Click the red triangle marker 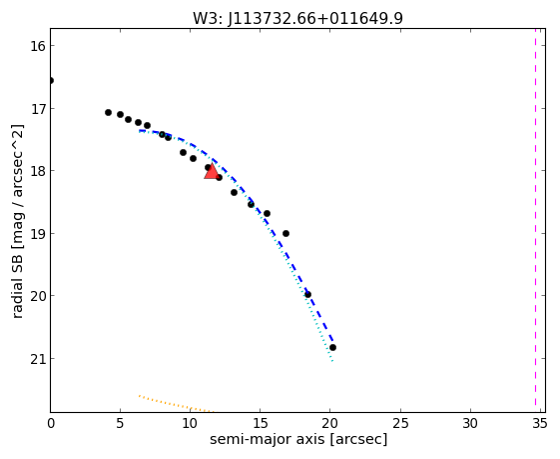click(x=212, y=172)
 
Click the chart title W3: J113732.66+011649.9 click(x=297, y=18)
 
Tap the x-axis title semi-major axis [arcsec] click(x=298, y=439)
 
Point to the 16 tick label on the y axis click(x=38, y=46)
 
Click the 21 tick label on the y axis click(x=38, y=359)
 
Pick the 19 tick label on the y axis click(x=38, y=234)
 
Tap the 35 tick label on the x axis click(x=539, y=424)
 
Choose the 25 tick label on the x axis click(x=400, y=424)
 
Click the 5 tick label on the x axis click(x=121, y=424)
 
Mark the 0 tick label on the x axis click(x=51, y=424)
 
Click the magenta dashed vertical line click(x=535, y=216)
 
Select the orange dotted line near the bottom click(x=176, y=404)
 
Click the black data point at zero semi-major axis click(x=51, y=80)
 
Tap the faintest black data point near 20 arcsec click(x=332, y=347)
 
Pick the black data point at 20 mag click(x=307, y=295)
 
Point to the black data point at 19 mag click(x=285, y=234)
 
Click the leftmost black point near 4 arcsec click(x=108, y=113)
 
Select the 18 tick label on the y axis click(x=38, y=171)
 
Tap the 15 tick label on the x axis click(x=260, y=424)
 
